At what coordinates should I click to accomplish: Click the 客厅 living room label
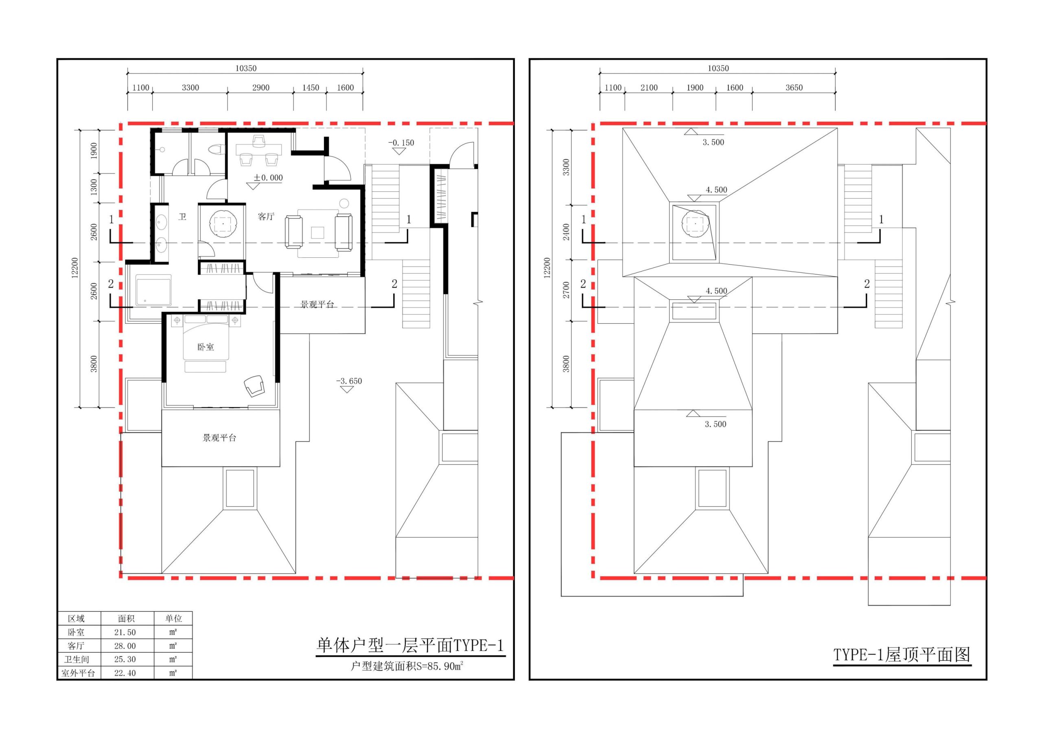click(266, 217)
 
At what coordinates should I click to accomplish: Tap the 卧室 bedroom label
click(206, 347)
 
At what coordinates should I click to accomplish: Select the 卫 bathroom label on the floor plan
click(182, 217)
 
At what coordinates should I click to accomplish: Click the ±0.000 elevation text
click(268, 178)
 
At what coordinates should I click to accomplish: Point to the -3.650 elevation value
click(349, 381)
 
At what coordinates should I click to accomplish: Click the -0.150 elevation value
click(401, 143)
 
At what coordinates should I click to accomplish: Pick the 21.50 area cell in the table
click(125, 632)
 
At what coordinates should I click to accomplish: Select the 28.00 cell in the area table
click(125, 646)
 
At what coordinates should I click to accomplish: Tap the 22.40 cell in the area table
click(125, 673)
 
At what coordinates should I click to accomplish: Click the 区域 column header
click(76, 619)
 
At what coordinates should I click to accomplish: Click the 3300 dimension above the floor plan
click(190, 88)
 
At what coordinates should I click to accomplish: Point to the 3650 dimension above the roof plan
click(794, 88)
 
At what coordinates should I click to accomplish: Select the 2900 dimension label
click(261, 88)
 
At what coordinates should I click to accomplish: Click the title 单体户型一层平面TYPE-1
click(410, 645)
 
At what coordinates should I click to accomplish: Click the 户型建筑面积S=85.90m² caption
click(407, 666)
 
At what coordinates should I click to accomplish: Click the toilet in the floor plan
click(216, 149)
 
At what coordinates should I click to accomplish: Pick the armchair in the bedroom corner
click(254, 386)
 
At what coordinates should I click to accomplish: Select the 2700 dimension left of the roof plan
click(566, 290)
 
